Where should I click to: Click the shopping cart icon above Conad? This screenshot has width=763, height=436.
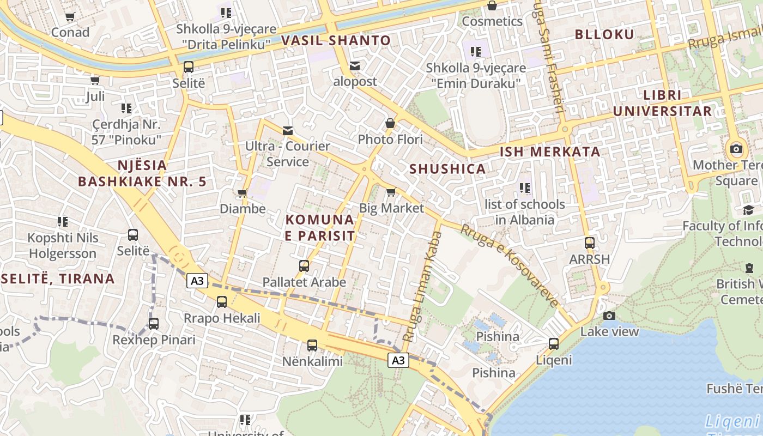click(x=70, y=17)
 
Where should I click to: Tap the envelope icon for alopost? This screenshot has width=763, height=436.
click(x=355, y=66)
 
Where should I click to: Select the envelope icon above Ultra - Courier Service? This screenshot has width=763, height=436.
click(x=287, y=131)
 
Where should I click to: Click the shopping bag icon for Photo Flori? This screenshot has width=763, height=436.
click(x=390, y=123)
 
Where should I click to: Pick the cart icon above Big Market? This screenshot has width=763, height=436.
click(x=391, y=192)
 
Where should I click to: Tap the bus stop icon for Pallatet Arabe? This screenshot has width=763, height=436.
click(x=304, y=266)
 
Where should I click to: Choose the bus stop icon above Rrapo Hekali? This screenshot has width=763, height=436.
click(x=222, y=302)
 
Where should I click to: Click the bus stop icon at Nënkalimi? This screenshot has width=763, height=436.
click(x=312, y=345)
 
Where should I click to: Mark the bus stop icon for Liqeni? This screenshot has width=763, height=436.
click(x=554, y=344)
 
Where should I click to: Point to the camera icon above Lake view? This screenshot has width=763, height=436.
click(x=609, y=316)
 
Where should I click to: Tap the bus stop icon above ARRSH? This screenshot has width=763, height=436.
click(x=589, y=243)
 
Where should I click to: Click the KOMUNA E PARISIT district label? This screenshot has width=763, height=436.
click(x=320, y=228)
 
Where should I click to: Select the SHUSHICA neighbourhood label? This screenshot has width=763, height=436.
click(x=447, y=169)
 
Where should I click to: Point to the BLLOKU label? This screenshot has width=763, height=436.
click(x=604, y=35)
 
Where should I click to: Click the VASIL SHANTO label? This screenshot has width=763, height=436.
click(x=336, y=40)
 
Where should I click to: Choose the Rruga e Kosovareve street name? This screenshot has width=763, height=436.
click(x=510, y=265)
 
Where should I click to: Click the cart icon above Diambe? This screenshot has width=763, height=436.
click(x=243, y=193)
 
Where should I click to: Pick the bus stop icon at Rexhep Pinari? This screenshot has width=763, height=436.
click(x=154, y=324)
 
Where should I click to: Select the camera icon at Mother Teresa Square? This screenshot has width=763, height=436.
click(x=736, y=149)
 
